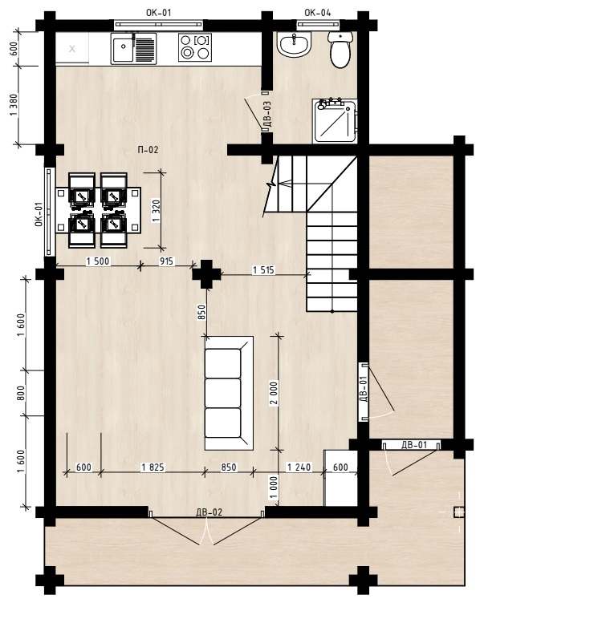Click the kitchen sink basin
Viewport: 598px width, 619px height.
pos(123,48)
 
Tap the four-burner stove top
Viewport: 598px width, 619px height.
pos(195,47)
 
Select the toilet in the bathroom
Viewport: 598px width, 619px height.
pos(340,50)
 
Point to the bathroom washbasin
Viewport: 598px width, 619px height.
pos(295,44)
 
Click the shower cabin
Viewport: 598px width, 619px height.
pos(335,121)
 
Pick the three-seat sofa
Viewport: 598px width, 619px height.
pos(229,393)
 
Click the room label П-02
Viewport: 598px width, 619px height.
pos(148,150)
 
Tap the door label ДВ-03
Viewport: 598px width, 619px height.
pos(267,114)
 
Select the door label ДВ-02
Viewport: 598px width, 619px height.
pos(209,512)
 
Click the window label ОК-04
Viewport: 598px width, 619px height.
pos(317,13)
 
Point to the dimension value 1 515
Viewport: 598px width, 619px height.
pos(263,270)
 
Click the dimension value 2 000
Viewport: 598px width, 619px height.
pos(274,393)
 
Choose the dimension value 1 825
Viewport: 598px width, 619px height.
pos(153,467)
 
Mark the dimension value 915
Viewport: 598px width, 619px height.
pos(166,261)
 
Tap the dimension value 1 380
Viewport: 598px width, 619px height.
pos(14,105)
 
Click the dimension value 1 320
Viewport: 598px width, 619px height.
pos(156,211)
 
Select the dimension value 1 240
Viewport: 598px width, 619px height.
pos(299,467)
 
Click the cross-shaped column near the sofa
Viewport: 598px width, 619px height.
pos(206,274)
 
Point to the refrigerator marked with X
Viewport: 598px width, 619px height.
pos(72,49)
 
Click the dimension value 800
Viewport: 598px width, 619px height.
pos(21,393)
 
